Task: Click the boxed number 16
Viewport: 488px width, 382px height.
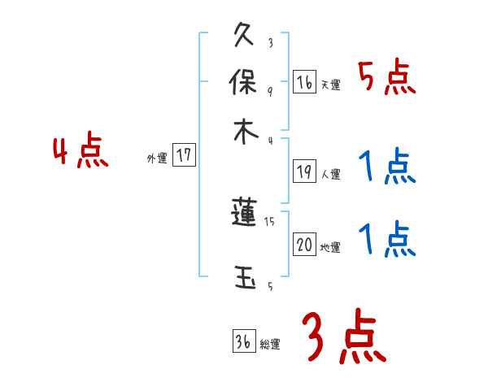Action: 304,82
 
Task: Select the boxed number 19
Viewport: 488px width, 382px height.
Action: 304,171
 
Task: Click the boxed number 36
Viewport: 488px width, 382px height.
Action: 243,342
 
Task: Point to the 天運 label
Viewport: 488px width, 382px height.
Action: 330,85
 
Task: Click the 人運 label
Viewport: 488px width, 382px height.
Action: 330,174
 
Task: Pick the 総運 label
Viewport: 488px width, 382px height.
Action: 269,345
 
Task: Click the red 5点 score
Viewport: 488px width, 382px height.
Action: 387,78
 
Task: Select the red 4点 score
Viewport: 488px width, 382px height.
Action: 81,153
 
